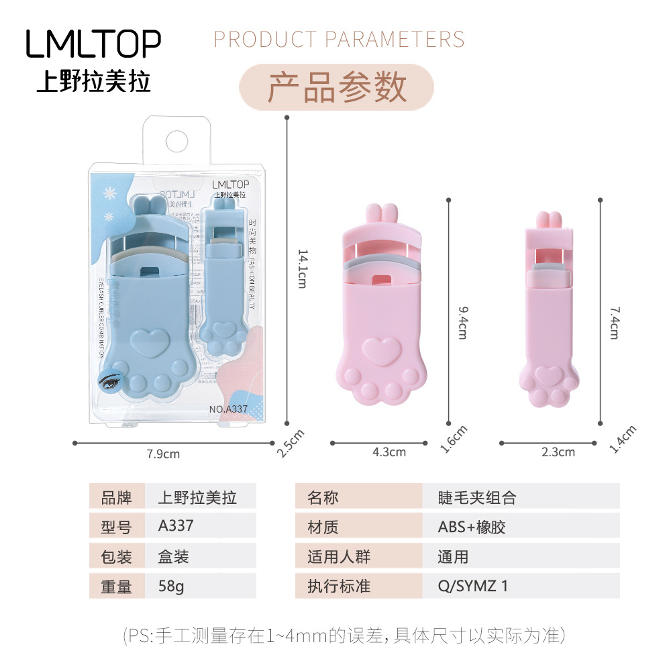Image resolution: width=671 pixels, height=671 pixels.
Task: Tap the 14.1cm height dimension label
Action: [x=302, y=268]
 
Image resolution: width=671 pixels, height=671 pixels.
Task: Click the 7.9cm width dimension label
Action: [x=163, y=454]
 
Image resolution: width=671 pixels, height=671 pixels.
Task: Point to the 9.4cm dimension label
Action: [x=462, y=322]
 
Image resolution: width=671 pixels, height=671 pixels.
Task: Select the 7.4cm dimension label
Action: [x=613, y=322]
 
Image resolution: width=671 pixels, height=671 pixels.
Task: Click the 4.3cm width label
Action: [x=389, y=452]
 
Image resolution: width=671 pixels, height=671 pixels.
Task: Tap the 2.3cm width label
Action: [x=558, y=452]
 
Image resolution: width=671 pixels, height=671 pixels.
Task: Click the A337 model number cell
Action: [x=176, y=525]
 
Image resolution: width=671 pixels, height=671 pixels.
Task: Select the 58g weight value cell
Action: [x=171, y=586]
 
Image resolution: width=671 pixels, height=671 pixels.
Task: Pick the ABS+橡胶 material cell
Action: [x=472, y=527]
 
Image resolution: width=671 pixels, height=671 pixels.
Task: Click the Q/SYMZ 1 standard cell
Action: [x=473, y=586]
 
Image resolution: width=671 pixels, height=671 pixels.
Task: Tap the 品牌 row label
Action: [x=116, y=497]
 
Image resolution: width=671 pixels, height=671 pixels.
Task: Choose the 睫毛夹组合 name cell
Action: [x=478, y=497]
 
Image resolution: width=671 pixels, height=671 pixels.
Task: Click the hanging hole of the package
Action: [x=177, y=142]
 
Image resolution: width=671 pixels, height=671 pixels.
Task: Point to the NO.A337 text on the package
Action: [x=228, y=409]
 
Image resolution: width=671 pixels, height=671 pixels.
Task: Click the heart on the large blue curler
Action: [x=148, y=344]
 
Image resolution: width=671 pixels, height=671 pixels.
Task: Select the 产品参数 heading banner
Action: [x=337, y=87]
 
